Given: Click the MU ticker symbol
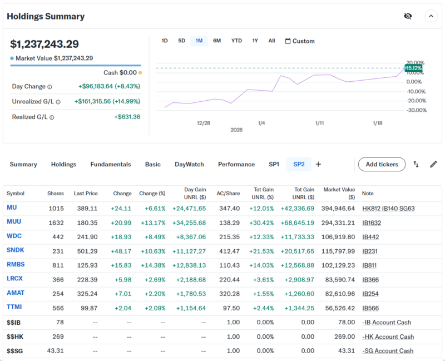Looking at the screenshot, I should click(x=12, y=208).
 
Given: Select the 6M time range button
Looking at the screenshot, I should click(x=217, y=41).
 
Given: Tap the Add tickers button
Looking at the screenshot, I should click(x=382, y=164).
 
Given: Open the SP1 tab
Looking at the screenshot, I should click(x=274, y=164).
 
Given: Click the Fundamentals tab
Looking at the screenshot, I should click(x=111, y=164).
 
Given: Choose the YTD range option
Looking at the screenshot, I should click(x=236, y=41).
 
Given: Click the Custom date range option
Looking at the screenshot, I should click(x=300, y=41).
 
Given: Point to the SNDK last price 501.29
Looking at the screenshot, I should click(x=86, y=250).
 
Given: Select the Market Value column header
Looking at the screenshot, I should click(x=339, y=194).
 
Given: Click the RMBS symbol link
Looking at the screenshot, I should click(x=16, y=264).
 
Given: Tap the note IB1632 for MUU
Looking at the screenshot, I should click(x=373, y=222).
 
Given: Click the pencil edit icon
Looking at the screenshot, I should click(x=433, y=164).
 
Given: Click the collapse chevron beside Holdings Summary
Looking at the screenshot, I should click(x=431, y=16).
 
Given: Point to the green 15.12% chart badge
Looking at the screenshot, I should click(x=413, y=68).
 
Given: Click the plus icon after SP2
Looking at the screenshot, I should click(x=318, y=164).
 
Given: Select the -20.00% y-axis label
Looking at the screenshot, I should click(x=416, y=101).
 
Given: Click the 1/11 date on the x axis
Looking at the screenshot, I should click(x=319, y=123).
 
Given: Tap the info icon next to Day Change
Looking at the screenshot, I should click(x=50, y=87).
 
